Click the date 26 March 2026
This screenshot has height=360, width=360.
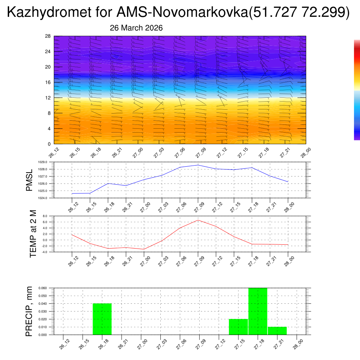136,28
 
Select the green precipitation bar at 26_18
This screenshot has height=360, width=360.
102,319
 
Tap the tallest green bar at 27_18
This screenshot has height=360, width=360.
258,311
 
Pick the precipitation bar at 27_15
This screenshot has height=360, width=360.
238,327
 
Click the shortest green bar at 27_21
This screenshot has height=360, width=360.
277,331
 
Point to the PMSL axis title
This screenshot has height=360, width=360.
29,180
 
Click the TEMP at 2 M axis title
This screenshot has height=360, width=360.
33,233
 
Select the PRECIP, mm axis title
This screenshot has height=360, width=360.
29,311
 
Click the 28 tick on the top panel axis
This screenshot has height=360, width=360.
48,36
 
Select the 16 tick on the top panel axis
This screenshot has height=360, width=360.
48,82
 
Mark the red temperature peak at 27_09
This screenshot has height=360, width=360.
198,220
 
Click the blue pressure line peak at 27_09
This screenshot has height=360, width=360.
198,165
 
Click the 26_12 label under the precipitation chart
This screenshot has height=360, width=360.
63,344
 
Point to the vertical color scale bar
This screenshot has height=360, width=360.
357,90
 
